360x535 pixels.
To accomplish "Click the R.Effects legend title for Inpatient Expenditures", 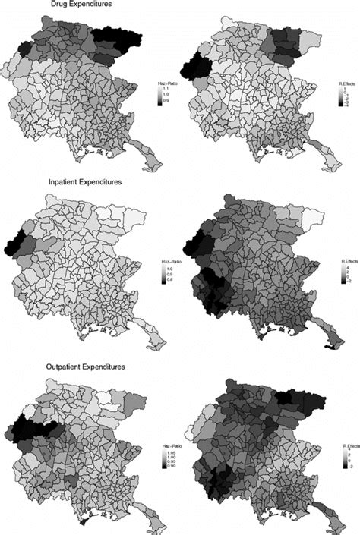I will point(346,260).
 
